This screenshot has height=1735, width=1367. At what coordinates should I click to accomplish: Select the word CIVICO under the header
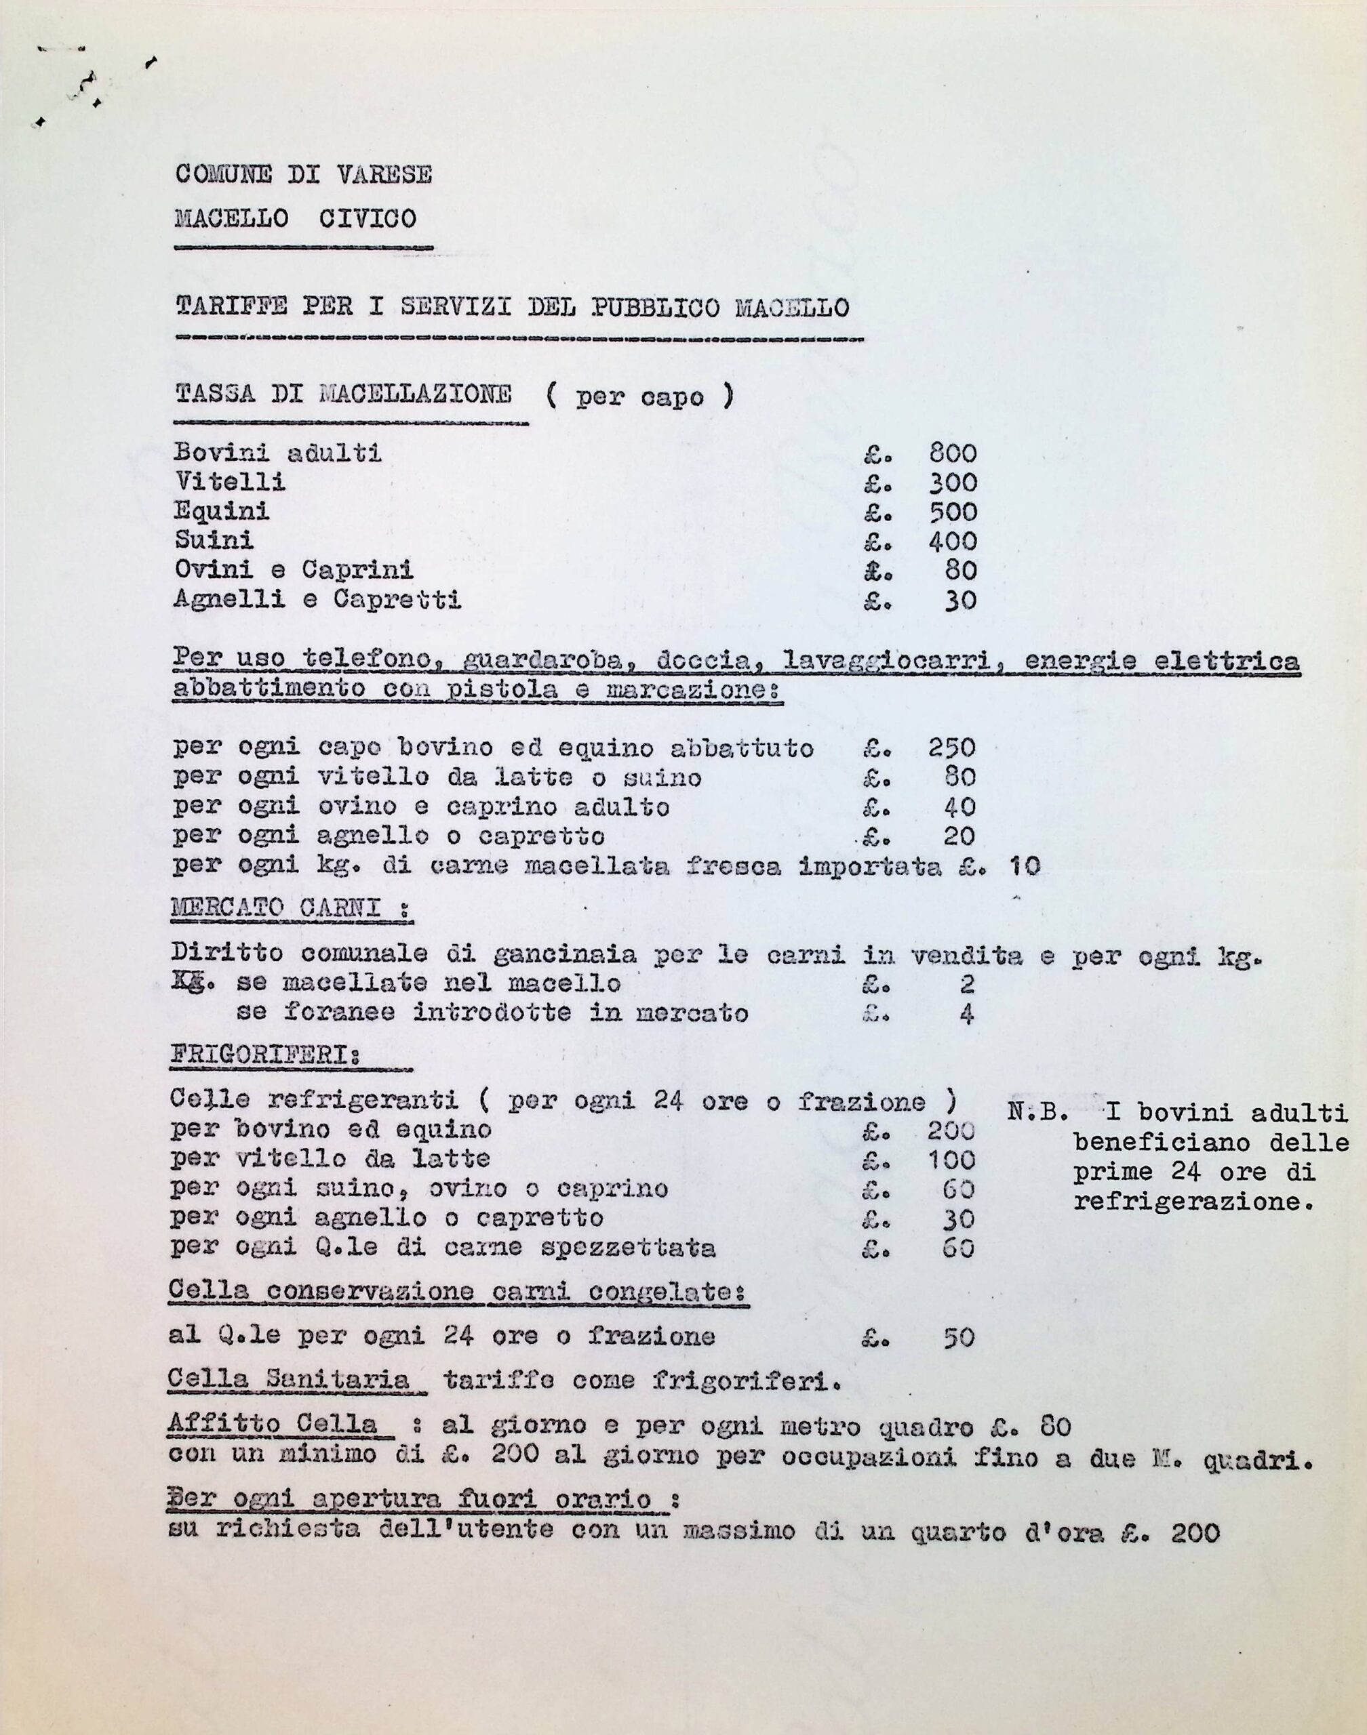point(368,218)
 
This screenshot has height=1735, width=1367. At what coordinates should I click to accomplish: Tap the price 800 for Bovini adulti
point(953,454)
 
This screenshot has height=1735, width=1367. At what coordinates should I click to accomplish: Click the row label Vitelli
point(229,483)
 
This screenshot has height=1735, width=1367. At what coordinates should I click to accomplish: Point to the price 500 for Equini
point(953,512)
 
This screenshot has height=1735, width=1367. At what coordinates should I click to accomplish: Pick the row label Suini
point(214,540)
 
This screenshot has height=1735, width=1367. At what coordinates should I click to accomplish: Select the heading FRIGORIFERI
point(266,1055)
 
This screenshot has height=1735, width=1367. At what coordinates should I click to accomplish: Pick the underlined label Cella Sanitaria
point(290,1380)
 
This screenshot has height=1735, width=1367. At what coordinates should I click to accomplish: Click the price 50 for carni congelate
point(959,1336)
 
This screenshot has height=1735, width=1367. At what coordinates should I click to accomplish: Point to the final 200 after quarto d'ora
point(1194,1532)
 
